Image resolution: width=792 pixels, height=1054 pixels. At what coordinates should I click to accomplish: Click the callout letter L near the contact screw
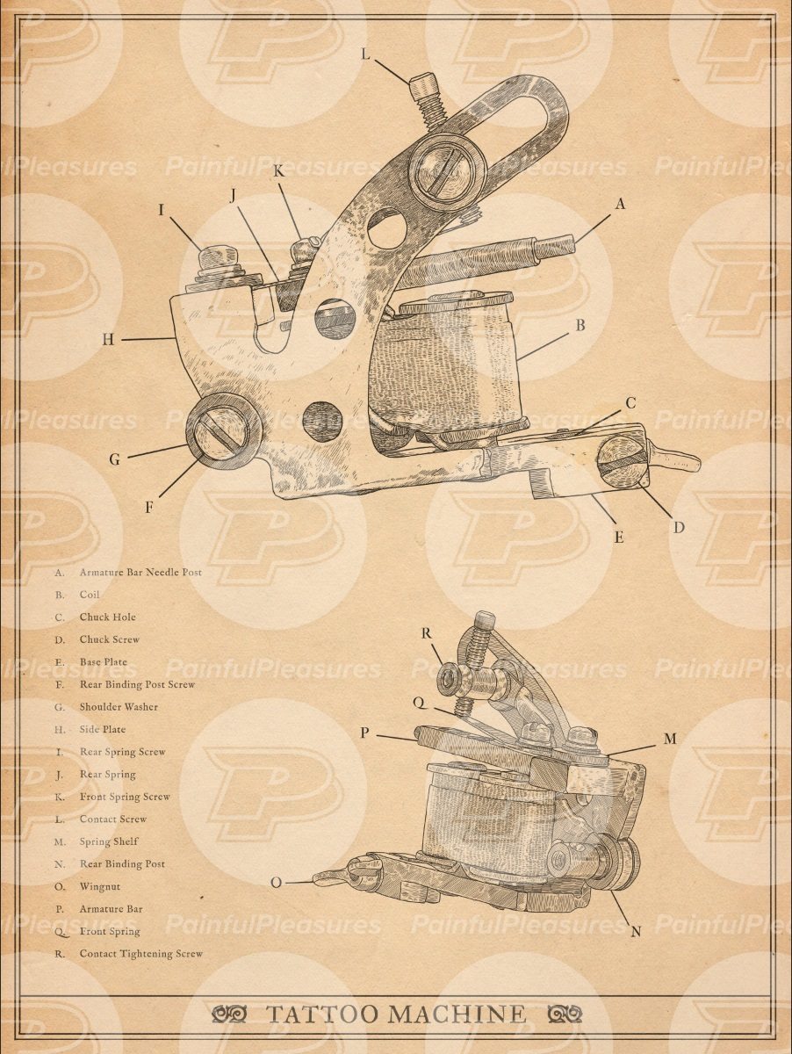[x=366, y=54]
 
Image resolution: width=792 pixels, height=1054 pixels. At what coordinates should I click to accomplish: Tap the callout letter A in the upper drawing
[x=620, y=204]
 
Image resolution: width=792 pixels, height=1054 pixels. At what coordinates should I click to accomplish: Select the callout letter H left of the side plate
[x=107, y=339]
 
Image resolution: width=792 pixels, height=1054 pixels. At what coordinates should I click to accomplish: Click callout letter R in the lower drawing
[x=426, y=632]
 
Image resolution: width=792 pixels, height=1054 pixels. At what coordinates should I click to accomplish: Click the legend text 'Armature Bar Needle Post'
[x=140, y=572]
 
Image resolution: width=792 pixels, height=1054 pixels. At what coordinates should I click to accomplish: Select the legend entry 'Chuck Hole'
[x=107, y=617]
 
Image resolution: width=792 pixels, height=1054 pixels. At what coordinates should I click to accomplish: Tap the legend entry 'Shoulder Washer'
[x=119, y=707]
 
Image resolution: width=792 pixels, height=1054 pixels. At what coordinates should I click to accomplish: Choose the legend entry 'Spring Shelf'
[x=109, y=841]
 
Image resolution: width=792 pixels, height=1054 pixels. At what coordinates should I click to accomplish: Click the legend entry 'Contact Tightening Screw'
[x=140, y=954]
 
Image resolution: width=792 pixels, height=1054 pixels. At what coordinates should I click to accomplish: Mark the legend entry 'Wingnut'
[x=100, y=886]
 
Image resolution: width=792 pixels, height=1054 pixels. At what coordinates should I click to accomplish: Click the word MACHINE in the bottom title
[x=457, y=1014]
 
